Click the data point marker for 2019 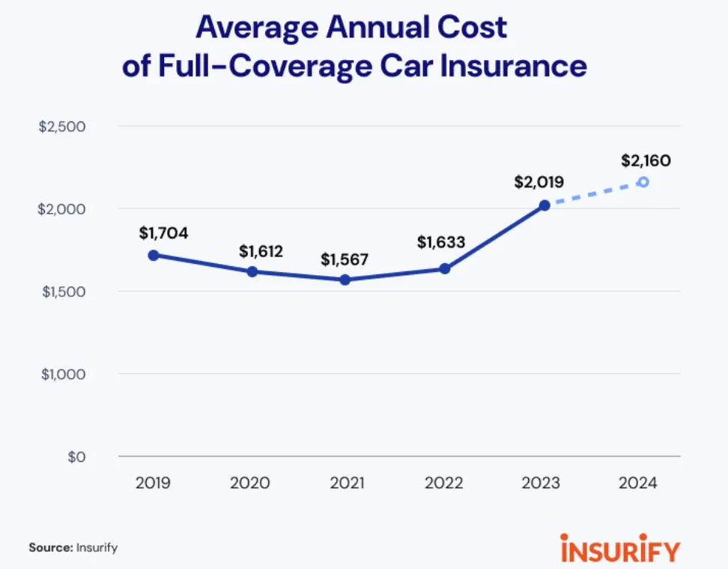tap(154, 255)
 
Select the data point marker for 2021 tap(345, 280)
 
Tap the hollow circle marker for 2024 tap(643, 182)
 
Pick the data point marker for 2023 tap(545, 205)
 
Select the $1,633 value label tap(441, 242)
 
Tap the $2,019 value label tap(539, 181)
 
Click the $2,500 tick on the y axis tap(62, 126)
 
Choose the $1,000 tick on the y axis tap(62, 374)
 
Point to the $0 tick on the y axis tap(76, 457)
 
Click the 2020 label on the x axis tap(249, 483)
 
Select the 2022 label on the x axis tap(443, 483)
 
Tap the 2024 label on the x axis tap(637, 483)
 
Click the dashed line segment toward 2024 tap(593, 193)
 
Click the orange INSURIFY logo tap(620, 547)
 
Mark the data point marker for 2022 tap(444, 268)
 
